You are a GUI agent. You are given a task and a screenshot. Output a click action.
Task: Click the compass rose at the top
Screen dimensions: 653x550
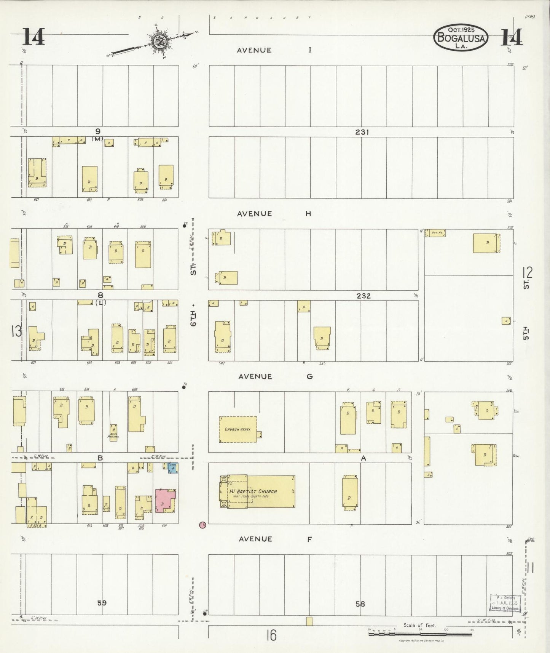[158, 42]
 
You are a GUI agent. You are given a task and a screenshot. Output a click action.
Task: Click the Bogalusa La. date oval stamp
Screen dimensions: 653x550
[461, 38]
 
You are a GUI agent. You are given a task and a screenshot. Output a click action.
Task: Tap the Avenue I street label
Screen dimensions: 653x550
[274, 50]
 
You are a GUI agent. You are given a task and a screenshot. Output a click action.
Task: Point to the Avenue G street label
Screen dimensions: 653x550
[275, 376]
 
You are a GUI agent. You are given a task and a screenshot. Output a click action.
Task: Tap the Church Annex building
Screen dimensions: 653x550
[238, 429]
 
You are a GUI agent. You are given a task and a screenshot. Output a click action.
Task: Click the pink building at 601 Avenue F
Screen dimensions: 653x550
[165, 500]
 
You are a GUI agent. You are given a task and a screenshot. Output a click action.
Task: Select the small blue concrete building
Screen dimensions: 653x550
[173, 468]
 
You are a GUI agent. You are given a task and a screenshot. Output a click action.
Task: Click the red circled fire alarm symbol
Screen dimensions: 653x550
[202, 525]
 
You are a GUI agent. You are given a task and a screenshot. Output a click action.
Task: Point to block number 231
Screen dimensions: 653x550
[362, 132]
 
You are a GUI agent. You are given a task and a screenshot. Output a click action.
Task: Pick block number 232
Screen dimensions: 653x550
[363, 296]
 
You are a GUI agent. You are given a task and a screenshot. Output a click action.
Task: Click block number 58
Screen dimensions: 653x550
[360, 603]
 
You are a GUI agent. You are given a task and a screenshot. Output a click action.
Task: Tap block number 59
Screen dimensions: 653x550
[101, 603]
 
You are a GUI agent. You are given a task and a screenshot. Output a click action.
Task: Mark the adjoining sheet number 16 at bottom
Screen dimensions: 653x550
[271, 635]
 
